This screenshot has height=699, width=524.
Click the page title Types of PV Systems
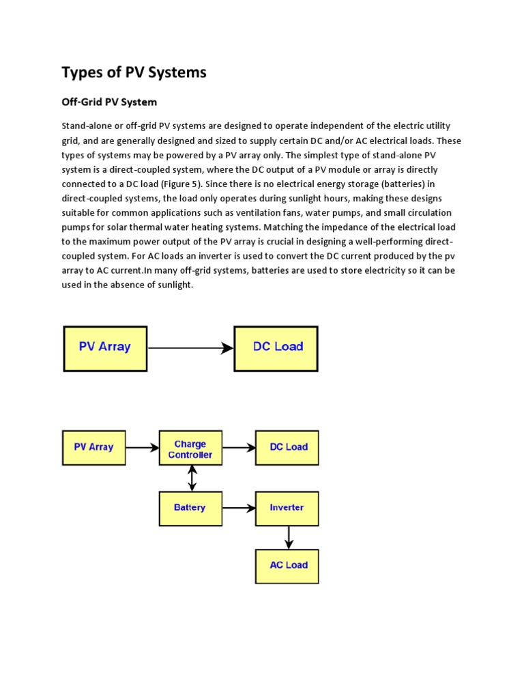(134, 72)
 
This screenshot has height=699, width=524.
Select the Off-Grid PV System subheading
(109, 102)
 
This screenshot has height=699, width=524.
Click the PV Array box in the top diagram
(105, 347)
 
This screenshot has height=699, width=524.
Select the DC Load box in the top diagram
(276, 347)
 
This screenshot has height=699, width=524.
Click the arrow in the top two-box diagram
(190, 348)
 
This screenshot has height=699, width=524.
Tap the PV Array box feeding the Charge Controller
(93, 448)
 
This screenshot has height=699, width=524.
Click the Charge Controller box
(190, 448)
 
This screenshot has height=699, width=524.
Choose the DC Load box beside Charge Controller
(287, 448)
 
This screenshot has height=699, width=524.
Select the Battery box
(190, 509)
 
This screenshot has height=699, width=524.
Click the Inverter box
(287, 509)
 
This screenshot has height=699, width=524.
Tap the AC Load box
(287, 566)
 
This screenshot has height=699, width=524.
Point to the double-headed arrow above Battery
(192, 479)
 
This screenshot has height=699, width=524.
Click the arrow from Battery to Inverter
(239, 509)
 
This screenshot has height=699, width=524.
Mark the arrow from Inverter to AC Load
(289, 537)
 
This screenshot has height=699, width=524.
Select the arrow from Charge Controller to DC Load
(239, 448)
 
